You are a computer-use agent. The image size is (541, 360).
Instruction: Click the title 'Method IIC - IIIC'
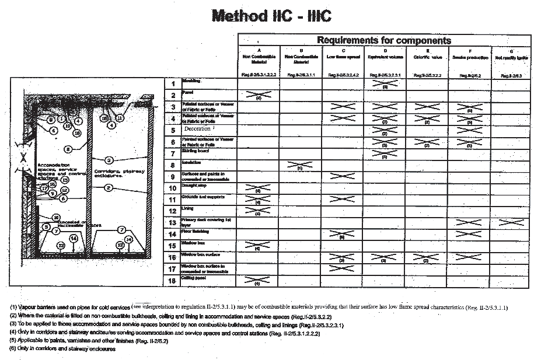pyautogui.click(x=271, y=15)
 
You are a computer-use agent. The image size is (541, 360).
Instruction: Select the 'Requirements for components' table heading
pyautogui.click(x=383, y=40)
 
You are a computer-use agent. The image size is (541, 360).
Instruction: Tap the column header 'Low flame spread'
pyautogui.click(x=343, y=57)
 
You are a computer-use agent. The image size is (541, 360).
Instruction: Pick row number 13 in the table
pyautogui.click(x=172, y=222)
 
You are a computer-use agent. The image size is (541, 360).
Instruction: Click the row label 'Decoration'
pyautogui.click(x=198, y=128)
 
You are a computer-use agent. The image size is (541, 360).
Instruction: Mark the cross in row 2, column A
pyautogui.click(x=258, y=95)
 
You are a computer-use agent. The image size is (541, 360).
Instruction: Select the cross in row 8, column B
pyautogui.click(x=300, y=165)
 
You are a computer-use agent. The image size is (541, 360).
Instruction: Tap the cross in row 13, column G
pyautogui.click(x=511, y=222)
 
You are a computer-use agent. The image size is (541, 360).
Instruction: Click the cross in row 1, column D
pyautogui.click(x=385, y=83)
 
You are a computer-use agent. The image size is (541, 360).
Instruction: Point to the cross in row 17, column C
pyautogui.click(x=342, y=269)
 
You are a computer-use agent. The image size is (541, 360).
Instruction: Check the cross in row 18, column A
pyautogui.click(x=258, y=281)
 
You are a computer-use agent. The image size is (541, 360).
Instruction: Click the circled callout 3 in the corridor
pyautogui.click(x=109, y=160)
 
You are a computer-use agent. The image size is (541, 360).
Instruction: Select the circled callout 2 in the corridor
pyautogui.click(x=109, y=187)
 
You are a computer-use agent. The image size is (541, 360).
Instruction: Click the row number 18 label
pyautogui.click(x=172, y=281)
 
